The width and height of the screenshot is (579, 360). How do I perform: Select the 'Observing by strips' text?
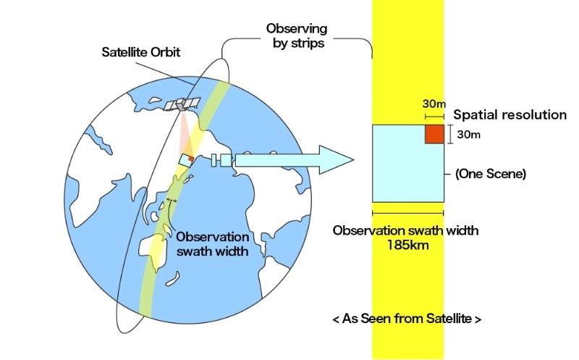[x=297, y=35]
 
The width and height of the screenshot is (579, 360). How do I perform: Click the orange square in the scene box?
[x=434, y=134]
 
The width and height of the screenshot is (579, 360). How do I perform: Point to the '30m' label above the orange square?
[x=434, y=104]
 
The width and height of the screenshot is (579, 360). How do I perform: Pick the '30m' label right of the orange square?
[x=469, y=134]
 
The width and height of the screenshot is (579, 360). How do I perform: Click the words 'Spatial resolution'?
[x=510, y=114]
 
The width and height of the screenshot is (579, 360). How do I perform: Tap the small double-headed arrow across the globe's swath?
[x=172, y=201]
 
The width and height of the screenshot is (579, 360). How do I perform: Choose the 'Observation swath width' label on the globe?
[x=213, y=243]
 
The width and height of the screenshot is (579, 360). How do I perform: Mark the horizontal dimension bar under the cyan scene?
[x=407, y=213]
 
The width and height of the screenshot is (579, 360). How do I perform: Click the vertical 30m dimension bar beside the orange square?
[x=450, y=134]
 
